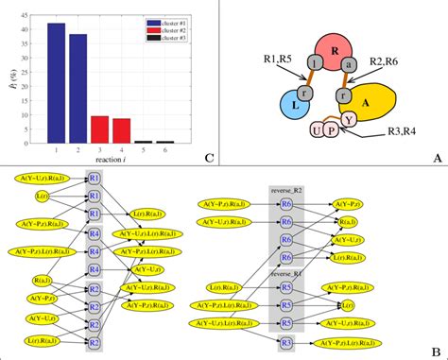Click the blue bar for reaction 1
coord(57,84)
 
